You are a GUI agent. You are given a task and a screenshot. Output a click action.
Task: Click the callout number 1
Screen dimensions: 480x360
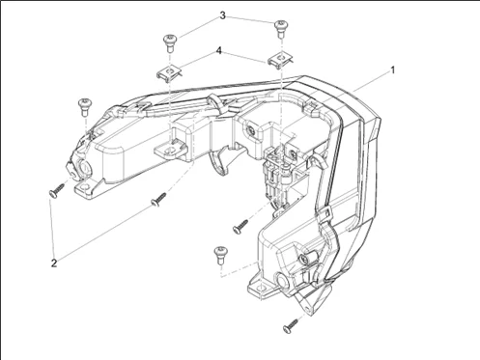(392, 69)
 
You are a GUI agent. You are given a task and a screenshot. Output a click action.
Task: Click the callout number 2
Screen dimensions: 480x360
(54, 263)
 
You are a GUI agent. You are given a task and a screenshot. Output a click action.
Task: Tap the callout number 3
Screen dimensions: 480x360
(222, 15)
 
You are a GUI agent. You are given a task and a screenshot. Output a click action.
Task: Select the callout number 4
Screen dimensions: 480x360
(219, 51)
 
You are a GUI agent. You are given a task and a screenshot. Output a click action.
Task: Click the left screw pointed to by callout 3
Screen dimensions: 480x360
(170, 43)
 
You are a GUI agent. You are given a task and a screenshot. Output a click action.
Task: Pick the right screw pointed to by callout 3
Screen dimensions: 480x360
(281, 29)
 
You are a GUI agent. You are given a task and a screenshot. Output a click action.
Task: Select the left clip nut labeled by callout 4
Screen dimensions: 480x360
(168, 73)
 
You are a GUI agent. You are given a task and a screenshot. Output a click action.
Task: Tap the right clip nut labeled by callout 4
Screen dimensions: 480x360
(280, 60)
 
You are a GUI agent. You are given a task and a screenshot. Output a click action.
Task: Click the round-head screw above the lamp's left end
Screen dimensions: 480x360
(85, 107)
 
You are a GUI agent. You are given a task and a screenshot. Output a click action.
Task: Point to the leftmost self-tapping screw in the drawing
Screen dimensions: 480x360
(57, 190)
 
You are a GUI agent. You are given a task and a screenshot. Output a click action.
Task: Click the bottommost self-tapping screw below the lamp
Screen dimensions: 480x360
(291, 325)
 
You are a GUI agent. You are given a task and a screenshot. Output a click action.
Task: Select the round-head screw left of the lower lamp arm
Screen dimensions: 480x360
(221, 255)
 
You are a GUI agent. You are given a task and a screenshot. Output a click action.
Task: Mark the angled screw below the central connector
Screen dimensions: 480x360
(240, 226)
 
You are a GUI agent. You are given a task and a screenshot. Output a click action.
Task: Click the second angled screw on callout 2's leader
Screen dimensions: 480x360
(158, 199)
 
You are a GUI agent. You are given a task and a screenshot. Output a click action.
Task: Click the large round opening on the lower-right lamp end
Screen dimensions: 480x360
(282, 281)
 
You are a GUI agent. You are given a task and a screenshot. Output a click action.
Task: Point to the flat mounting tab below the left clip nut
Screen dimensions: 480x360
(171, 151)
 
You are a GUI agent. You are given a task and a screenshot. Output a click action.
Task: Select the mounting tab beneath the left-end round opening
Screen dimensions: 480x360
(86, 187)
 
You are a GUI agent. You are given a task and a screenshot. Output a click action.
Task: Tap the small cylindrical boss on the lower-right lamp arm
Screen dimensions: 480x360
(307, 258)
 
